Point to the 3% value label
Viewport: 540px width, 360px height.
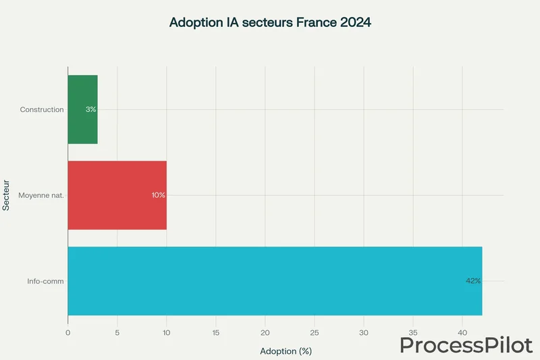point(91,109)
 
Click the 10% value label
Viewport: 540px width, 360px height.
point(158,195)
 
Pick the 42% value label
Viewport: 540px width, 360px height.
point(473,280)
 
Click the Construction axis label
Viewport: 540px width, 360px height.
point(42,109)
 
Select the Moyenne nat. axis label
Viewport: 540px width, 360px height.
point(42,195)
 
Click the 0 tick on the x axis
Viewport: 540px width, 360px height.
point(67,333)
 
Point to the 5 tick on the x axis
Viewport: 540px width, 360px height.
point(117,333)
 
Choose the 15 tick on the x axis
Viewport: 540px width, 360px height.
point(215,333)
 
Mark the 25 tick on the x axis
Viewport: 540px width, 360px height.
point(315,333)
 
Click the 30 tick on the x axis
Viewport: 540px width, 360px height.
point(364,333)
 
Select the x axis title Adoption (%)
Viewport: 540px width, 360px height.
point(286,351)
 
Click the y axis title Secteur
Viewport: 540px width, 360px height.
point(6,195)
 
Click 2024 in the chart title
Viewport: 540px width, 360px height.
point(355,22)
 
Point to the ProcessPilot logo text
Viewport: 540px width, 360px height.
point(466,344)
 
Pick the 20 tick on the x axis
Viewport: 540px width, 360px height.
point(265,333)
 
